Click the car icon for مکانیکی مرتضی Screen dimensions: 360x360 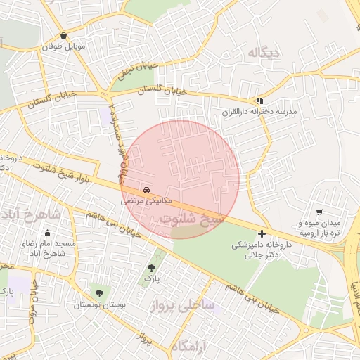[146, 190]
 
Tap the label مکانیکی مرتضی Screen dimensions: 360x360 [146, 201]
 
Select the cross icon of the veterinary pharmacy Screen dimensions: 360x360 [262, 233]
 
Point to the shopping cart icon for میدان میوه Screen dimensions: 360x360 [319, 212]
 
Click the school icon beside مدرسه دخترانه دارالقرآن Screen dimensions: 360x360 [259, 101]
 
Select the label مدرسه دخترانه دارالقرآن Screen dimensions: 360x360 [259, 112]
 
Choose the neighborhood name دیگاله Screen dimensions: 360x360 [259, 53]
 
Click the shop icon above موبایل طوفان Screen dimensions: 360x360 [65, 36]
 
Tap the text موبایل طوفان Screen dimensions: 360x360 [65, 46]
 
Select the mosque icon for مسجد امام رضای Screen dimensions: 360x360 [48, 233]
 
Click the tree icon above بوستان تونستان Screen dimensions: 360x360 [98, 292]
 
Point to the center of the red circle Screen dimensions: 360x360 [180, 180]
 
